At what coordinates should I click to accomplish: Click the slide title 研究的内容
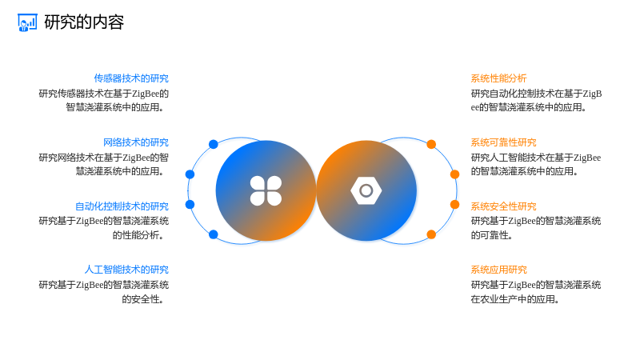[84, 22]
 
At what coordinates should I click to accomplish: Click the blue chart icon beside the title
[27, 22]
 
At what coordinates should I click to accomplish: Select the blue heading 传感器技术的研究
[131, 78]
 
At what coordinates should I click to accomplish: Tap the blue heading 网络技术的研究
[136, 142]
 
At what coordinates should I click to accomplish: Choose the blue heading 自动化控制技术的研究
[122, 206]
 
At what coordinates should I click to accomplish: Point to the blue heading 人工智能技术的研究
[126, 270]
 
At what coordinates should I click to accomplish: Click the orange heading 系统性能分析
[498, 78]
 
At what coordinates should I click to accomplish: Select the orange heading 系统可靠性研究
[504, 142]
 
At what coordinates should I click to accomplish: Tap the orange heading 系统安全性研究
[504, 206]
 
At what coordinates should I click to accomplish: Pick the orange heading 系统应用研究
[498, 270]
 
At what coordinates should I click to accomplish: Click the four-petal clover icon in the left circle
[266, 190]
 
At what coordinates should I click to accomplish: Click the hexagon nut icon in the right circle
[366, 190]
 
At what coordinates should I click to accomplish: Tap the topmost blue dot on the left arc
[213, 144]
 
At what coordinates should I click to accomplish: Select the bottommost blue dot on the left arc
[213, 234]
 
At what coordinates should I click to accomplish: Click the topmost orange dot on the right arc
[431, 144]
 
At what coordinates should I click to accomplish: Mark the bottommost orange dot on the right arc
[431, 234]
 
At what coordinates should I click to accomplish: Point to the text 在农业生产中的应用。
[515, 299]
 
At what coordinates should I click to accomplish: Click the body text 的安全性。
[143, 299]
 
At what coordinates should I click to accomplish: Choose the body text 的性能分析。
[138, 235]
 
